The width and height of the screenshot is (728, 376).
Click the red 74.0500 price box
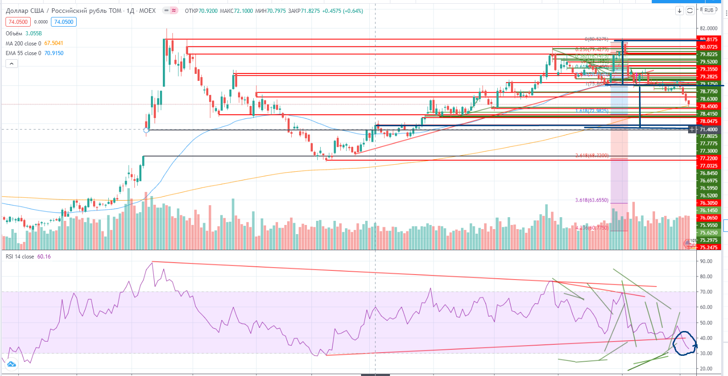click(x=18, y=22)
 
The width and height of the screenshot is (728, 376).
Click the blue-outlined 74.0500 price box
click(x=64, y=22)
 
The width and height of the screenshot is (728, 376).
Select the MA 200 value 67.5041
click(x=54, y=43)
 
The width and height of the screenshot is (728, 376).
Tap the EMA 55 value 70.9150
click(x=54, y=53)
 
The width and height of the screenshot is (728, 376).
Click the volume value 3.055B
click(x=33, y=34)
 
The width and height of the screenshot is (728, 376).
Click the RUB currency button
click(x=709, y=10)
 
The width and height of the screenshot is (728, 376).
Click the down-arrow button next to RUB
click(x=679, y=11)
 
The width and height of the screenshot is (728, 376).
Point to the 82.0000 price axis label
click(x=708, y=28)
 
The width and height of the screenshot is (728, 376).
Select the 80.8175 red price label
click(x=708, y=39)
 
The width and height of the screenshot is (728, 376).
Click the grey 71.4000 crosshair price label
click(x=708, y=129)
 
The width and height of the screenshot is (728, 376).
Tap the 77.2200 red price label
click(x=708, y=158)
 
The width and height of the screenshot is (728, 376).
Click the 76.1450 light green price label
click(x=708, y=210)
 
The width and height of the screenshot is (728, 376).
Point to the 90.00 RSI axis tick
click(x=706, y=261)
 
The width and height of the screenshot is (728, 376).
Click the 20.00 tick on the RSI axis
click(x=706, y=369)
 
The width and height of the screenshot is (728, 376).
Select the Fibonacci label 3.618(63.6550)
click(x=592, y=200)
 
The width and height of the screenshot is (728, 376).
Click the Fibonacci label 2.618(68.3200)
click(x=592, y=156)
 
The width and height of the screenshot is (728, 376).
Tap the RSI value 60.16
click(x=44, y=257)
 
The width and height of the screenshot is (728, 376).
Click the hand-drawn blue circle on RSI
click(x=685, y=343)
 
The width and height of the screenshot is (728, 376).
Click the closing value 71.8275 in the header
click(x=310, y=11)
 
